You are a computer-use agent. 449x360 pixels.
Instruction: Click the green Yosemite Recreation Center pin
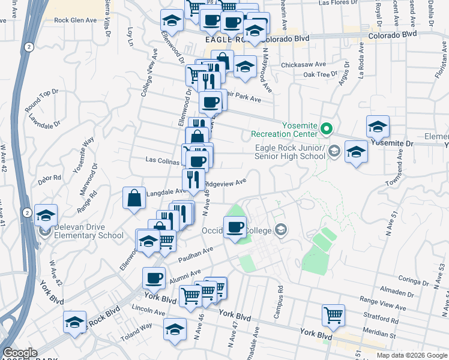tap(326, 128)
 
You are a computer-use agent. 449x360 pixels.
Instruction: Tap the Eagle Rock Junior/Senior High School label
tap(290, 152)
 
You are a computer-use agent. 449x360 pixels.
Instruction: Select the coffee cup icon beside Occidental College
tap(234, 227)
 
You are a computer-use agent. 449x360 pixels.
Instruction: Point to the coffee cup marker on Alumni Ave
tap(154, 278)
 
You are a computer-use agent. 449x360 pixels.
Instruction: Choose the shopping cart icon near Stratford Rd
tap(333, 314)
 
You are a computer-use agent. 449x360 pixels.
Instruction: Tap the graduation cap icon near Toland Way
tap(175, 329)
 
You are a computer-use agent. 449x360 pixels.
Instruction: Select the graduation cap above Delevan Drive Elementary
tap(46, 216)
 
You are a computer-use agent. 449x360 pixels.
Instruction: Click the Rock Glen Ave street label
tap(75, 20)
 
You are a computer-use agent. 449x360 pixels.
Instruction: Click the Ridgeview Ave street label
tap(226, 183)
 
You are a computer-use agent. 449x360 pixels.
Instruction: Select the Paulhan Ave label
tap(196, 254)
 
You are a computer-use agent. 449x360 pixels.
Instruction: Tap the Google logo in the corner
tap(19, 353)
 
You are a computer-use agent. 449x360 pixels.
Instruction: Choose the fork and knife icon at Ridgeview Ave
tap(193, 179)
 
